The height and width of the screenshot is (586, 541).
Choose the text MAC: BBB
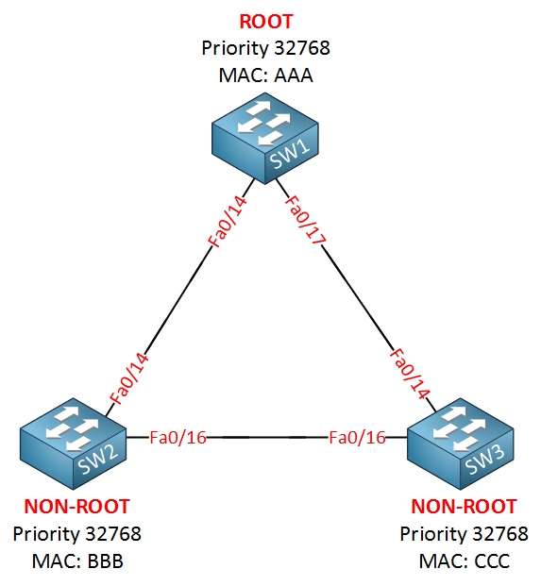[77, 561]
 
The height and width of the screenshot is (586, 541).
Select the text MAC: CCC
[464, 561]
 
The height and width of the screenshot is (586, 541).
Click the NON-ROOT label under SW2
[77, 507]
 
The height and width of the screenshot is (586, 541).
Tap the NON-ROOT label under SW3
[464, 507]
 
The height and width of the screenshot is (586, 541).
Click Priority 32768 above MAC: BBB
[77, 534]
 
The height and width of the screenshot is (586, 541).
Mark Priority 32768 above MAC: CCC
[464, 534]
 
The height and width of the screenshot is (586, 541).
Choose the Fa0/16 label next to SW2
[177, 438]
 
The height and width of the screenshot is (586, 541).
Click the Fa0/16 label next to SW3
[357, 438]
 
